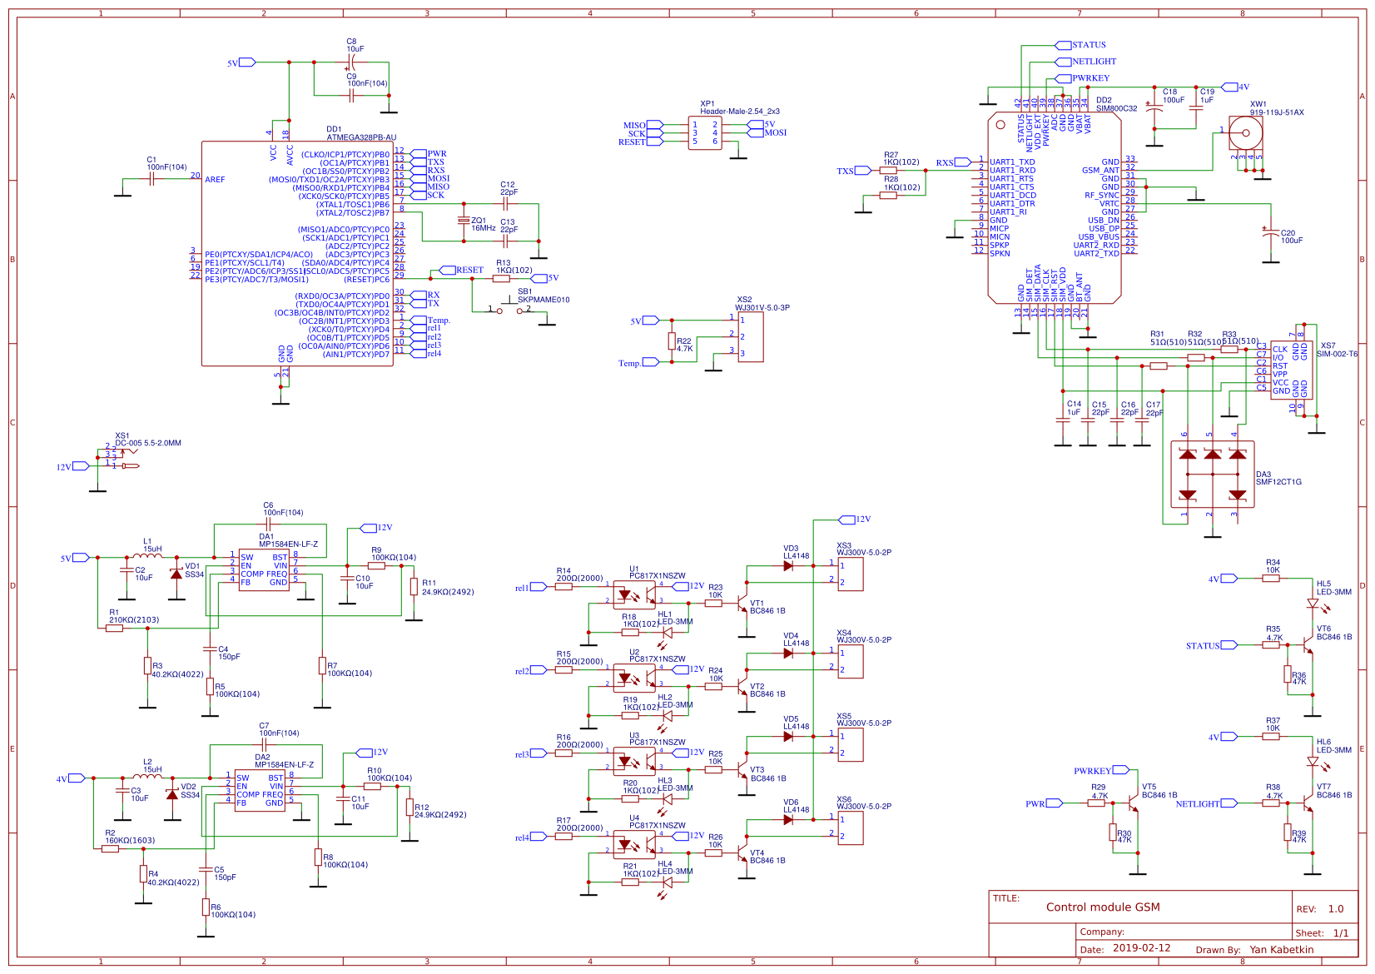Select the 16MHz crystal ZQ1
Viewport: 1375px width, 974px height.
click(x=464, y=221)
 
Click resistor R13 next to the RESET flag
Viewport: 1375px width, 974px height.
click(x=501, y=279)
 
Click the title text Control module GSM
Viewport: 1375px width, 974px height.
click(x=1102, y=907)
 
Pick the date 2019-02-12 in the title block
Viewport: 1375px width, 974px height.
click(x=1141, y=948)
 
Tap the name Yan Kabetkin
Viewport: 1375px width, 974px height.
click(x=1281, y=949)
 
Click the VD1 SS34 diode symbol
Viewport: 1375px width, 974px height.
click(x=176, y=574)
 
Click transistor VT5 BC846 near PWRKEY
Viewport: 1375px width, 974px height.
click(x=1133, y=804)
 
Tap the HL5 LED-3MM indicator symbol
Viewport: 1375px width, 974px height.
click(x=1313, y=603)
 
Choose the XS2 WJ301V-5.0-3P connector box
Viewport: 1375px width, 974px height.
click(x=750, y=337)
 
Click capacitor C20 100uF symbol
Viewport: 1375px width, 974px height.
click(x=1270, y=235)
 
